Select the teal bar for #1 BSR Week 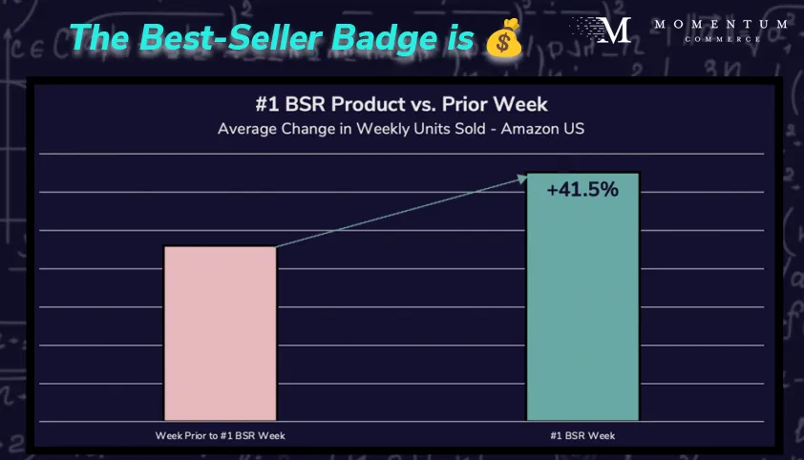click(582, 305)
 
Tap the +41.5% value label click(582, 189)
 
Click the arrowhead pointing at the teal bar click(523, 176)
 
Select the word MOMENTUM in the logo click(708, 23)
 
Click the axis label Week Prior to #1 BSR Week click(220, 435)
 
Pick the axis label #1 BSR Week click(582, 435)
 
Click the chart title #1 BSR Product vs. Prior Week click(400, 104)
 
